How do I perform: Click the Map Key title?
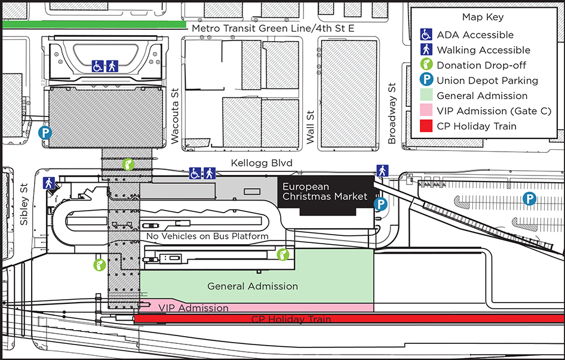coord(483,17)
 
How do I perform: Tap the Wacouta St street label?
coord(175,116)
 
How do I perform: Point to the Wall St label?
coord(310,127)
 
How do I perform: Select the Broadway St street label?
coord(392,113)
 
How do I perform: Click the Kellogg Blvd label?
coord(262,163)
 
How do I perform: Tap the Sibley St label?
coord(24,205)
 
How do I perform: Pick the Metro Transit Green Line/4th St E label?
coord(273,28)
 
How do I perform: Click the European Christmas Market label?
coord(325,192)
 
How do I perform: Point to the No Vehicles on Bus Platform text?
coord(207,236)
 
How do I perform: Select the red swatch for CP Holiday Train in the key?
coord(426,126)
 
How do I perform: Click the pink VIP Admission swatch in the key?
coord(426,111)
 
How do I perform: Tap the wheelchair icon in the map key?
coord(426,35)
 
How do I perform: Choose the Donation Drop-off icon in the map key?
coord(426,64)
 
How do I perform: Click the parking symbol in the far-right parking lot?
coord(529,199)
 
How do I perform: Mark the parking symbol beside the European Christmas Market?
coord(380,204)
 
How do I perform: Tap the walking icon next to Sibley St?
coord(48,183)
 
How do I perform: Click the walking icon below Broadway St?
coord(383,171)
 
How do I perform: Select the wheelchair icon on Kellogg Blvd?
coord(195,173)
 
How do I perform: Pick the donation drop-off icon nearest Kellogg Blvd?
coord(128,164)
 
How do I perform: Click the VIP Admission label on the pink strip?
coord(194,307)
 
